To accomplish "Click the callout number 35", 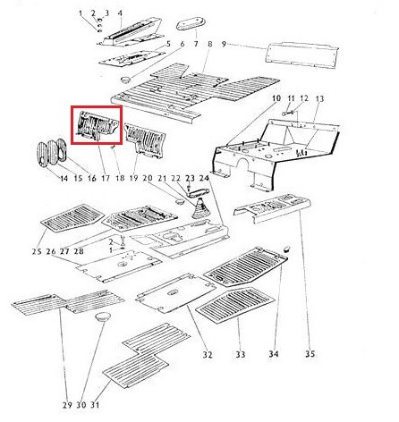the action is (x=310, y=354).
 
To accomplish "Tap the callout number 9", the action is (x=224, y=44).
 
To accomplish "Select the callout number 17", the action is (x=106, y=178).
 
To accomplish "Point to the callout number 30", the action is (x=81, y=405).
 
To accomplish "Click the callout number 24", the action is (x=204, y=178).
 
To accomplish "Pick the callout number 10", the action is (x=276, y=98).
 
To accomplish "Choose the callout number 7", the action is (x=196, y=44).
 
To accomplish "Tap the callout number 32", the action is (x=208, y=355).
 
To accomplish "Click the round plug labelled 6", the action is (x=125, y=80).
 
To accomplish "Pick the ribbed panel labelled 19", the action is (x=146, y=139).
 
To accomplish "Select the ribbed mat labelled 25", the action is (x=72, y=217).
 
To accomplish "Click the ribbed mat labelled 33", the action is (x=235, y=305).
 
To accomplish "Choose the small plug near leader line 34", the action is (x=286, y=249).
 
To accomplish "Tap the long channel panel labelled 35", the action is (x=272, y=207).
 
